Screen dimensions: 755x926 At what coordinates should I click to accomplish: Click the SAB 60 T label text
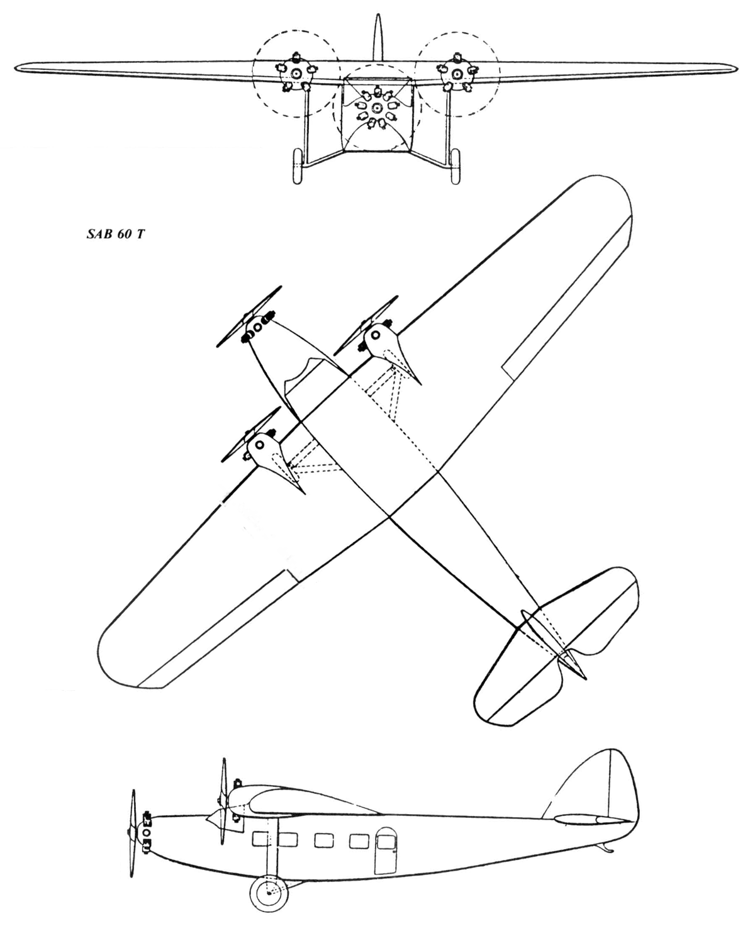pos(115,235)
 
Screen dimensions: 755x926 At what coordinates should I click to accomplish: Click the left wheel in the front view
pos(298,167)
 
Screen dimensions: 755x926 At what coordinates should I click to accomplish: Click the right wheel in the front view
pos(456,166)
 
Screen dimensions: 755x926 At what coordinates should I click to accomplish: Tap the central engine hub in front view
pos(376,108)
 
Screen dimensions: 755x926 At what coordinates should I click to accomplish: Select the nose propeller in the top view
pos(249,316)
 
